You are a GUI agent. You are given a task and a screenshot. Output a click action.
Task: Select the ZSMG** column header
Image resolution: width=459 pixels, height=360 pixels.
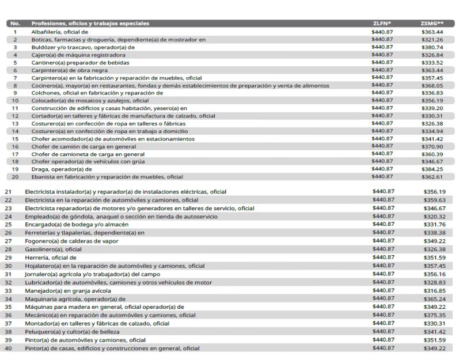click(432, 24)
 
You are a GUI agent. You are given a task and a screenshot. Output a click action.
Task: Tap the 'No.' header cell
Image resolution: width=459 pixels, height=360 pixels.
click(16, 24)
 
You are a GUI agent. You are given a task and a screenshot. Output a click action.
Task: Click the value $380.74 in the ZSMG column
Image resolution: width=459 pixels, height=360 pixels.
click(432, 47)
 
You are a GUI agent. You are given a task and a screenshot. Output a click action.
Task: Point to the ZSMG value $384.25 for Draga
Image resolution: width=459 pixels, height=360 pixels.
click(432, 169)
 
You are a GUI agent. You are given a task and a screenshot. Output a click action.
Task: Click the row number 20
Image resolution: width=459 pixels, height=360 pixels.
click(16, 177)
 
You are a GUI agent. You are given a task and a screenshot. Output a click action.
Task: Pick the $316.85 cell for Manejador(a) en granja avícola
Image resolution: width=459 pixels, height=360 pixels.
click(434, 291)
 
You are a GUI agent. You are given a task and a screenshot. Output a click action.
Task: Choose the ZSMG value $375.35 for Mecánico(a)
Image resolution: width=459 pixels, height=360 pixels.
click(434, 316)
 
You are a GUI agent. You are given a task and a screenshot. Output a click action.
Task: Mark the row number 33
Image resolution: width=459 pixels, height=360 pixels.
click(8, 291)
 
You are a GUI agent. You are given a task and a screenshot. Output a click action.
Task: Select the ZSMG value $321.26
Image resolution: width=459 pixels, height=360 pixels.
click(432, 39)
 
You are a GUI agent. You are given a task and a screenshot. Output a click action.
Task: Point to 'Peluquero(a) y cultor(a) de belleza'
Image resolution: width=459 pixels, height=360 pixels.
click(72, 332)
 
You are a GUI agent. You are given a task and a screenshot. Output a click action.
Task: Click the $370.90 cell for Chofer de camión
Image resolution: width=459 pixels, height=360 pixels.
click(432, 146)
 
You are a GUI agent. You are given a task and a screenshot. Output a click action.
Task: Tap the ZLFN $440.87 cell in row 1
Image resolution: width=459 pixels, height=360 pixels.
click(383, 32)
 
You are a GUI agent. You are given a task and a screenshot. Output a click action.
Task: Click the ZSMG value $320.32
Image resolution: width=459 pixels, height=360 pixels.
click(434, 216)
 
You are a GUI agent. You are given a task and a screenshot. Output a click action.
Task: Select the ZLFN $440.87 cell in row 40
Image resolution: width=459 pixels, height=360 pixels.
click(384, 348)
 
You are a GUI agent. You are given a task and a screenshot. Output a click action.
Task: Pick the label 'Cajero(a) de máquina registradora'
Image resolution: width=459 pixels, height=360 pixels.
click(79, 55)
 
